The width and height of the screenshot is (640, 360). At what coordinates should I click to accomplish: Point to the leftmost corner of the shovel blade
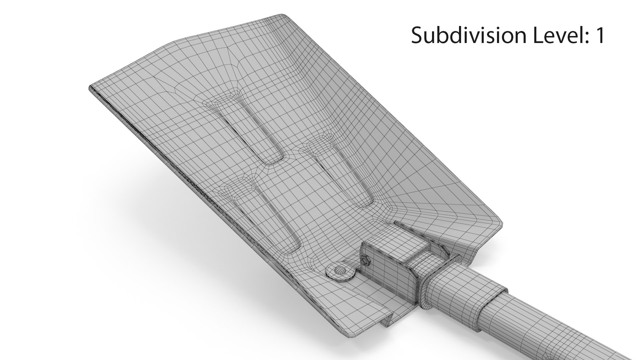click(91, 89)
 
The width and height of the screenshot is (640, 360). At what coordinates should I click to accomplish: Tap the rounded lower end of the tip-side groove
click(272, 160)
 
